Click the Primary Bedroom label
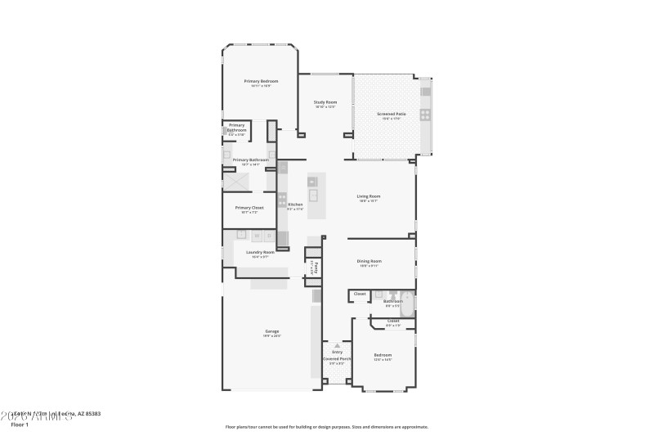click(x=261, y=81)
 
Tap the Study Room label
click(x=325, y=102)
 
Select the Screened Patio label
click(x=391, y=115)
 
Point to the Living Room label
click(x=369, y=196)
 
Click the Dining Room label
click(x=369, y=262)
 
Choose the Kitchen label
click(x=295, y=205)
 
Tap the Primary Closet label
click(x=249, y=208)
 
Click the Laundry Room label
click(x=260, y=252)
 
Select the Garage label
click(x=271, y=331)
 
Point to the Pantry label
click(x=313, y=266)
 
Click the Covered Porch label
click(x=336, y=358)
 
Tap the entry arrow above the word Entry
click(x=336, y=345)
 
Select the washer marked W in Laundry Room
click(x=255, y=236)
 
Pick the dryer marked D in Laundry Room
click(x=269, y=236)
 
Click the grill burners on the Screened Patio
click(x=424, y=115)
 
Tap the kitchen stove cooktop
click(x=282, y=199)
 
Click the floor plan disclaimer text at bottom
click(x=326, y=426)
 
